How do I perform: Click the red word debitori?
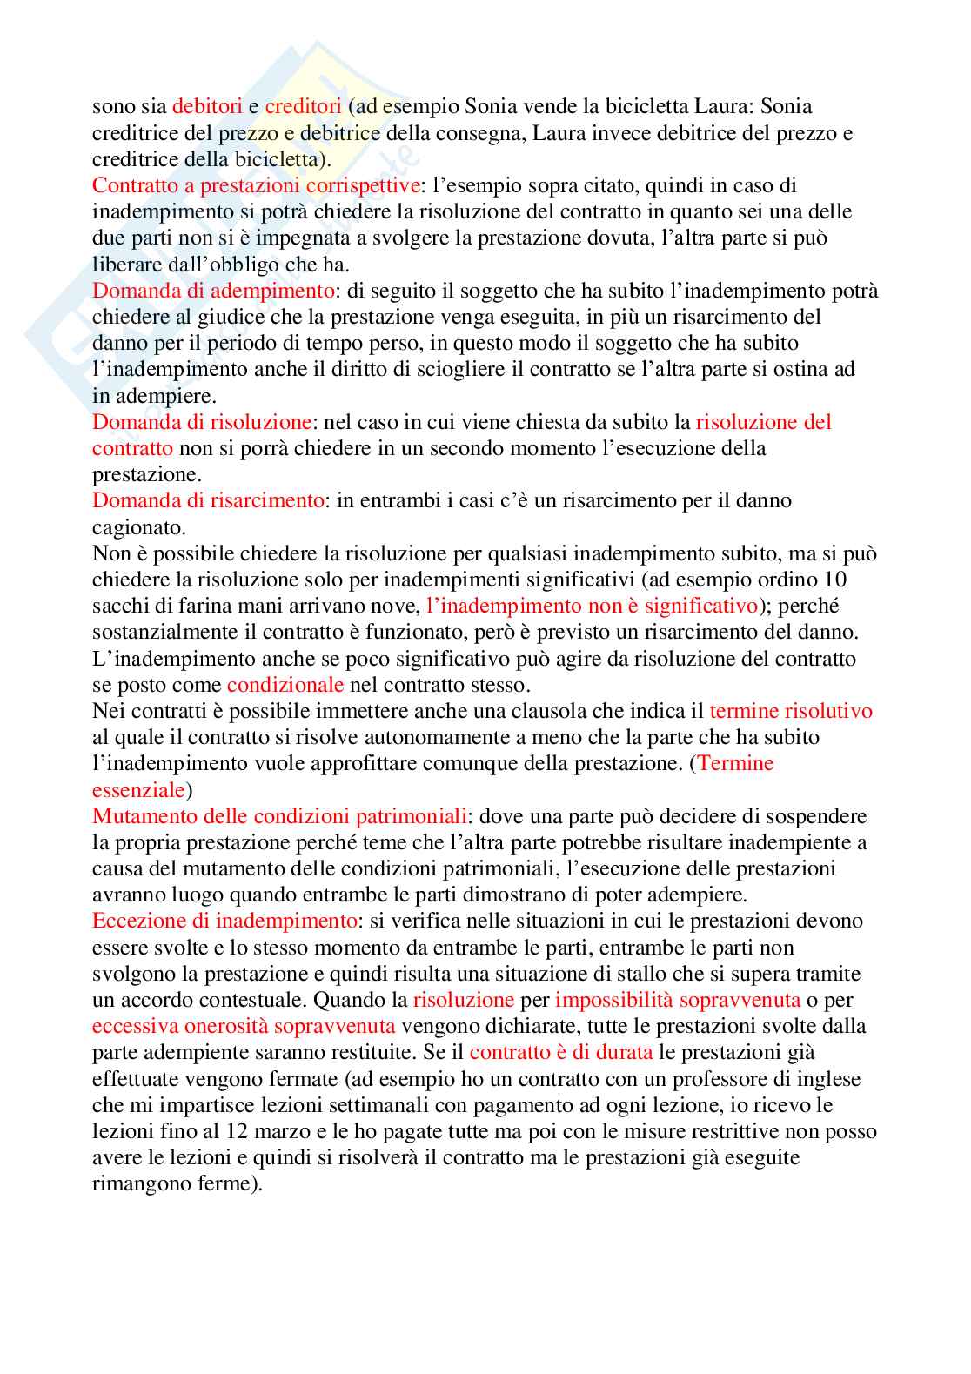(x=207, y=107)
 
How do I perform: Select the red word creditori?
(x=303, y=107)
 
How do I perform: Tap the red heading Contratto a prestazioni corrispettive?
(x=256, y=185)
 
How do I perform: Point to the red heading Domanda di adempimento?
(x=213, y=291)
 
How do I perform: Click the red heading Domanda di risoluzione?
(x=202, y=422)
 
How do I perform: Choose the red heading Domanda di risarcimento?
(x=208, y=500)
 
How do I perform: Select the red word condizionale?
(x=285, y=685)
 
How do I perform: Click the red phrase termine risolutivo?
(x=791, y=711)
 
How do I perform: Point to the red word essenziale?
(x=138, y=790)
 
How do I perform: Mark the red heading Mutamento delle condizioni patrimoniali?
(x=280, y=816)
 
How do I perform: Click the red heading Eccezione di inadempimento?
(x=224, y=921)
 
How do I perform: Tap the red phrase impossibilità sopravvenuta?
(x=678, y=1000)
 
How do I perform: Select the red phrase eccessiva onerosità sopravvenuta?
(x=244, y=1026)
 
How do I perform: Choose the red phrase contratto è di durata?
(x=561, y=1052)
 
